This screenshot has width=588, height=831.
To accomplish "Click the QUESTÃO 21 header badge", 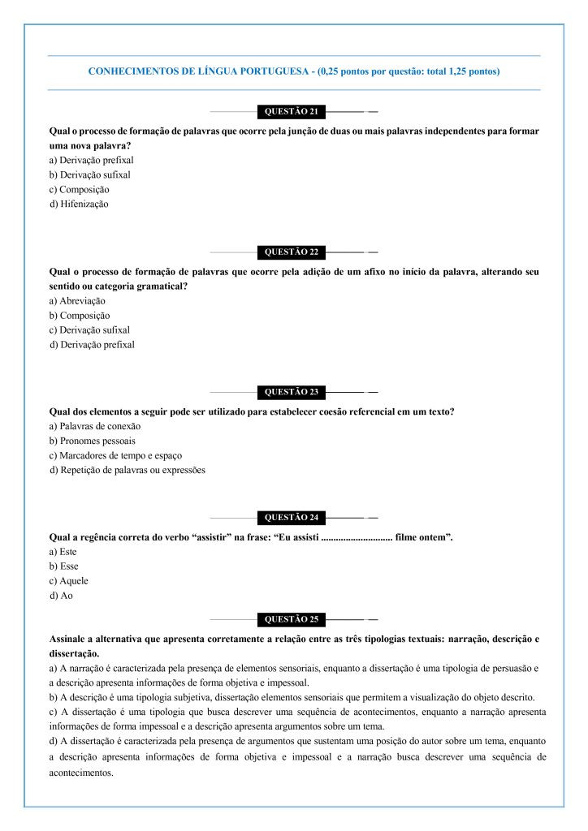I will point(292,111).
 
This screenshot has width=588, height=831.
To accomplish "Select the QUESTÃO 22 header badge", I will point(292,252).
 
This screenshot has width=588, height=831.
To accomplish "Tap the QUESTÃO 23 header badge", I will point(292,392).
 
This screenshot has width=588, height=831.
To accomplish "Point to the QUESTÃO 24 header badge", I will point(292,517).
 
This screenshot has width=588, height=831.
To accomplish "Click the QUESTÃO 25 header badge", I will point(292,620).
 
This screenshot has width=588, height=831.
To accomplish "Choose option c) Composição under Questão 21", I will point(79,189).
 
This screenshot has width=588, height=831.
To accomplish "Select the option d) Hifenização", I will point(79,204).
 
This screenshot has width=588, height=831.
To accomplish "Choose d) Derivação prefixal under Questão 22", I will point(92,345).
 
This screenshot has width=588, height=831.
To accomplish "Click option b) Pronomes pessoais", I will point(92,441).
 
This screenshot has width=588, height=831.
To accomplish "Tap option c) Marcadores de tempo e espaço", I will point(115,455).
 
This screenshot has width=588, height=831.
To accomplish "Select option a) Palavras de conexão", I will point(95,426).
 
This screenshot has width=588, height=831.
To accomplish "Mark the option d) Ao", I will point(61,596).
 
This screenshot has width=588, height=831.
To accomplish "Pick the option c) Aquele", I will point(69,581).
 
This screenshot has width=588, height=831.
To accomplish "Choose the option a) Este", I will point(63,552).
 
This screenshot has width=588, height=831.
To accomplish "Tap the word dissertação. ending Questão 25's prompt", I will point(75,653).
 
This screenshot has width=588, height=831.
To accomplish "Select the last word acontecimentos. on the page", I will point(81,773).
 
